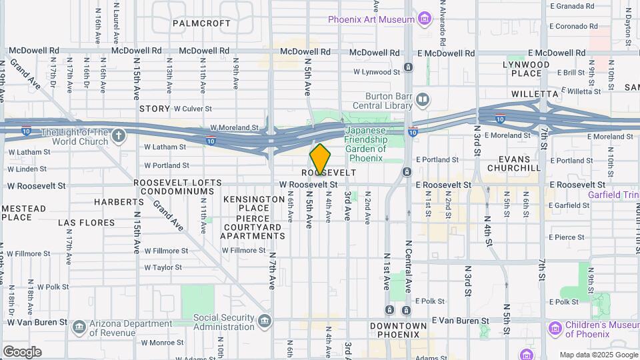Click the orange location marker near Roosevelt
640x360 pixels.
[320, 159]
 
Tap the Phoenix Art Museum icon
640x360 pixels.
[425, 19]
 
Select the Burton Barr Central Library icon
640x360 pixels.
[422, 101]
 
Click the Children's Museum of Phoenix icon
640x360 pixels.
[555, 329]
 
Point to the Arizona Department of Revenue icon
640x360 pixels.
[80, 326]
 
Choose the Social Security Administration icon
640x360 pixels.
[265, 322]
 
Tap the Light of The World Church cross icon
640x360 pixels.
[119, 137]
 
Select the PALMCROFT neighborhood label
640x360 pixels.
[201, 23]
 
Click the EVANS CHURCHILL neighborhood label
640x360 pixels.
[514, 163]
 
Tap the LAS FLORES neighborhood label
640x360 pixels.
[82, 222]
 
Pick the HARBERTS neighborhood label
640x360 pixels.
[119, 201]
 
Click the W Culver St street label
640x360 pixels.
[192, 108]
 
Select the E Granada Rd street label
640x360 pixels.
[571, 6]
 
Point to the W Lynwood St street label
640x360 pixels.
[376, 71]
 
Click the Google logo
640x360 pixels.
[22, 351]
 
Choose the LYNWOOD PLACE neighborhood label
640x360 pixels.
[526, 69]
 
